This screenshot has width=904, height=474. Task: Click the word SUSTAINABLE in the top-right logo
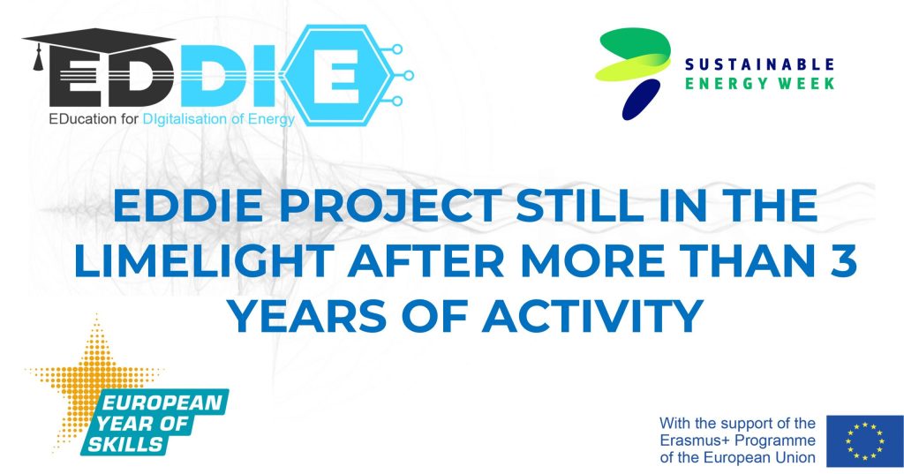(x=759, y=64)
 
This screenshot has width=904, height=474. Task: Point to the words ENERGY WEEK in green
(x=759, y=84)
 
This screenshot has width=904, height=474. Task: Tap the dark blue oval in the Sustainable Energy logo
(x=641, y=100)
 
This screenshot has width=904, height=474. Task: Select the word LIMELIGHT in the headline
(x=204, y=260)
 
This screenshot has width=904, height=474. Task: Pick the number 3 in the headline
(x=843, y=260)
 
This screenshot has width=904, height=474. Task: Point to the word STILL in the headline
(x=580, y=206)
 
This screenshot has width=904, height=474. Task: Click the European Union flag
(x=865, y=441)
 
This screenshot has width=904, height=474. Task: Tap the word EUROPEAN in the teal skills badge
(x=162, y=402)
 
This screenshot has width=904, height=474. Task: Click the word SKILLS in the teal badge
(x=125, y=444)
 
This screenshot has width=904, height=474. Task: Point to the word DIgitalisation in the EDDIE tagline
(x=185, y=119)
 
